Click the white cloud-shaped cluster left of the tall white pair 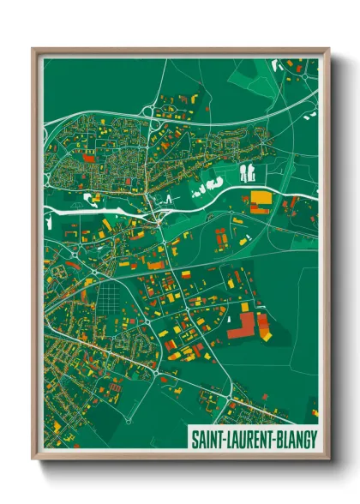coord(207,183)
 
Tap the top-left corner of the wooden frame coord(35,50)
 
